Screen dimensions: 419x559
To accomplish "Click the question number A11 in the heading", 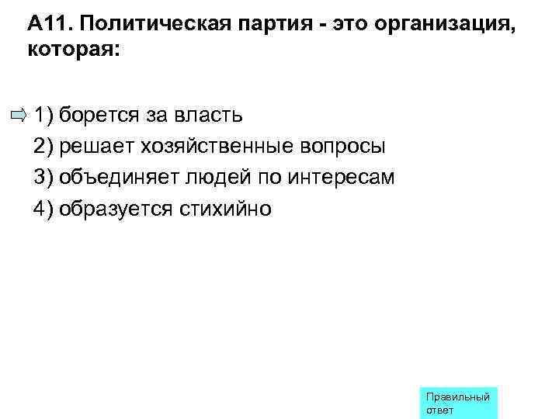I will click(x=48, y=23).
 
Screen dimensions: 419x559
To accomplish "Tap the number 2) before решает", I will click(x=43, y=147).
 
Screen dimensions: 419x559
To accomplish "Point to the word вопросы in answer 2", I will click(x=342, y=147).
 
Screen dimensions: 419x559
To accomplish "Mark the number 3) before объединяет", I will click(x=43, y=178).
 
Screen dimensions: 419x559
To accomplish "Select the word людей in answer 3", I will click(x=218, y=178).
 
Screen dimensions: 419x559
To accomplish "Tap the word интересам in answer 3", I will click(x=342, y=178).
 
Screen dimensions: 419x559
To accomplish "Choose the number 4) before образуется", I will click(x=43, y=209).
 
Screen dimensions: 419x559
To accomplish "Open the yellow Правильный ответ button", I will click(x=458, y=403).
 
